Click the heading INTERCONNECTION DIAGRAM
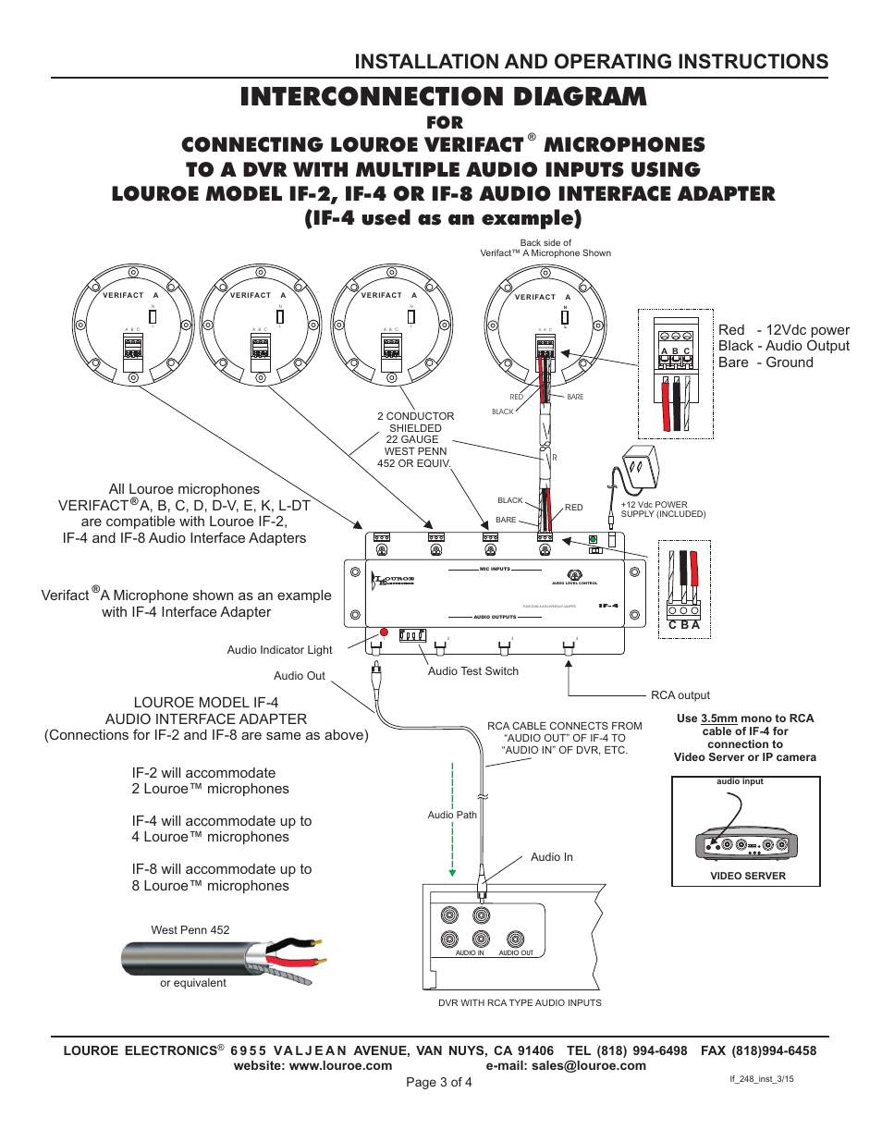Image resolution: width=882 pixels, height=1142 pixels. pos(443,97)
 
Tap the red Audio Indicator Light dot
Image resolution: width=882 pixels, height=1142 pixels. pos(384,632)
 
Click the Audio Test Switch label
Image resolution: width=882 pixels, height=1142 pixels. pos(472,671)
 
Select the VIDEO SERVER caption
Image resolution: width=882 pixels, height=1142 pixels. pos(747,876)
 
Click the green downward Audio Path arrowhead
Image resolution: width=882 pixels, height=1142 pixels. pos(452,872)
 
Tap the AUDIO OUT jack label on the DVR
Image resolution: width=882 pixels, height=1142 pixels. pos(516,952)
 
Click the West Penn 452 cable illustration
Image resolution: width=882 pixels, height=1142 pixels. pos(222,958)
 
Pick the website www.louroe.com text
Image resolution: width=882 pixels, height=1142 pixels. pos(312,1065)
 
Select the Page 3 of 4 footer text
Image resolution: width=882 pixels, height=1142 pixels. pos(439,1082)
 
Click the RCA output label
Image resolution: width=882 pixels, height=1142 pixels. pos(680,695)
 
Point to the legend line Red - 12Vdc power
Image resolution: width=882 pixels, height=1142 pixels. pos(783,330)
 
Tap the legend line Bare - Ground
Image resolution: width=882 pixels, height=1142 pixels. pos(766,362)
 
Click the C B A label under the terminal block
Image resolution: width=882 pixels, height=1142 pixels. pos(683,625)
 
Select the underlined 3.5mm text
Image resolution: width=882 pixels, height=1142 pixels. pos(718,718)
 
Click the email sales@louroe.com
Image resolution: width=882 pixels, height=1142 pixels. pos(566,1065)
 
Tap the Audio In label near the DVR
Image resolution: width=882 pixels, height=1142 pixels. pos(551,857)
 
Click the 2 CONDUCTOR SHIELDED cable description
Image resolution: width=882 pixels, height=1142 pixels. pos(415,423)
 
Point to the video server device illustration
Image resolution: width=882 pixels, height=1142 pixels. pos(745,842)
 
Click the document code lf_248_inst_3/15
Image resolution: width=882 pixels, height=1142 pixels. pos(761,1079)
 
